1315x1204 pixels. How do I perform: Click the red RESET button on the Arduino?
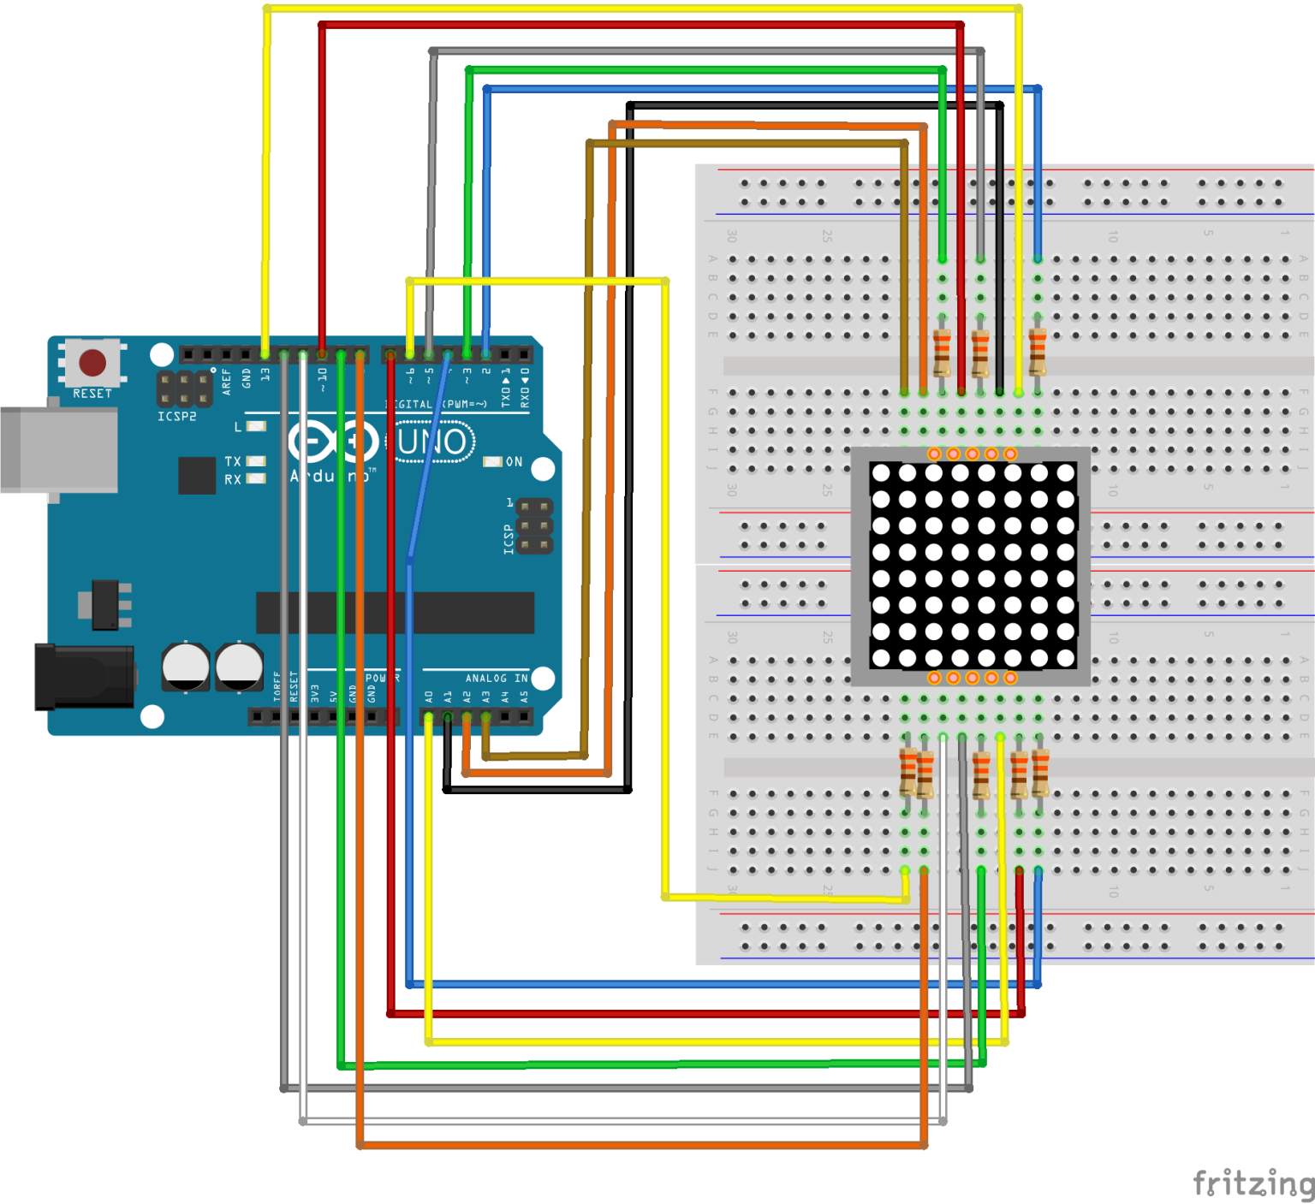(x=92, y=362)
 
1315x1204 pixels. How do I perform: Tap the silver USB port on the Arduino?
(x=58, y=449)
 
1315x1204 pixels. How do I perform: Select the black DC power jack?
(x=84, y=677)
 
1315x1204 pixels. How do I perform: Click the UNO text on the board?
(x=433, y=442)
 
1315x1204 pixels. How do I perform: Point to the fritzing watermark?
(x=1253, y=1183)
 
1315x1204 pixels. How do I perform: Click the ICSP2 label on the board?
(x=176, y=417)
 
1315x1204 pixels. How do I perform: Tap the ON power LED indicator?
(x=492, y=462)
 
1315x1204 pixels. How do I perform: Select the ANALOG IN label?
(x=497, y=678)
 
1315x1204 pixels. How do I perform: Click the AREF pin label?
(x=226, y=381)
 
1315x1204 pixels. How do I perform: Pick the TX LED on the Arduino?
(x=256, y=461)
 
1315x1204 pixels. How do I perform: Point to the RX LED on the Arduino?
(x=256, y=479)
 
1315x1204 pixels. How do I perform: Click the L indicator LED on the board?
(x=256, y=426)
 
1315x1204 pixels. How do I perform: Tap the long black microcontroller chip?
(x=395, y=613)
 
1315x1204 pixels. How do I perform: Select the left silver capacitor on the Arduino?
(x=186, y=667)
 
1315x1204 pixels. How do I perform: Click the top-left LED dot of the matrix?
(x=881, y=473)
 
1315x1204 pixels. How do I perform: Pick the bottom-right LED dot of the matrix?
(x=1066, y=658)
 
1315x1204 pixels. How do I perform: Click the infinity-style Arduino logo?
(x=333, y=442)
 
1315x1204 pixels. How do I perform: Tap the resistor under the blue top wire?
(x=1038, y=352)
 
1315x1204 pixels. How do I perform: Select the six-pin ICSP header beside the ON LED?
(x=534, y=526)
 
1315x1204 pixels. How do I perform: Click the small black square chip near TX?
(x=197, y=475)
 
